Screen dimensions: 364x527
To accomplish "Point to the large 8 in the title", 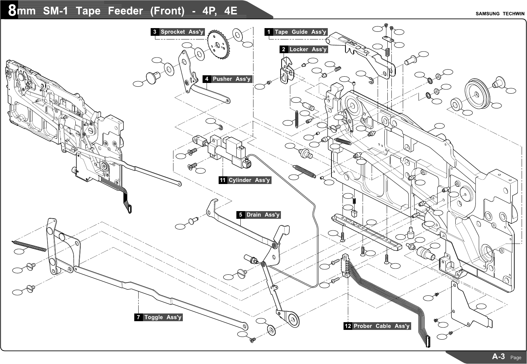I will [12, 11].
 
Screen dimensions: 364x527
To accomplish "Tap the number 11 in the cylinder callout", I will [223, 180].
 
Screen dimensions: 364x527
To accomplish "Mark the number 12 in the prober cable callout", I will [348, 326].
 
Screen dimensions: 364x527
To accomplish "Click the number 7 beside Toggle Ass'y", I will [138, 317].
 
